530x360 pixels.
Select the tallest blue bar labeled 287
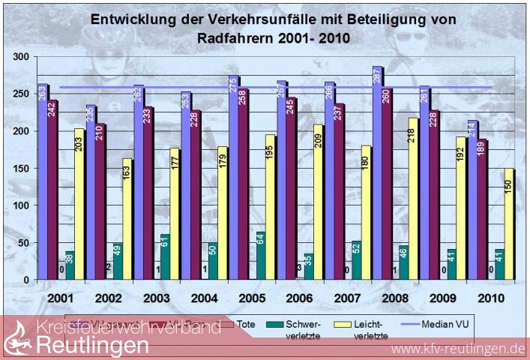(x=376, y=172)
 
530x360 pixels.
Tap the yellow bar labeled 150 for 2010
(x=508, y=223)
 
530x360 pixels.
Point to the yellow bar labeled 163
(x=127, y=218)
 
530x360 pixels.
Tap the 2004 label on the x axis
(x=205, y=298)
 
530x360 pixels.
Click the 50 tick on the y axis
(x=23, y=243)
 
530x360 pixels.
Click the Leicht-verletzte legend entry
(x=373, y=330)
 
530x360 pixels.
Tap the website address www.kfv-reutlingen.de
(x=458, y=349)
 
